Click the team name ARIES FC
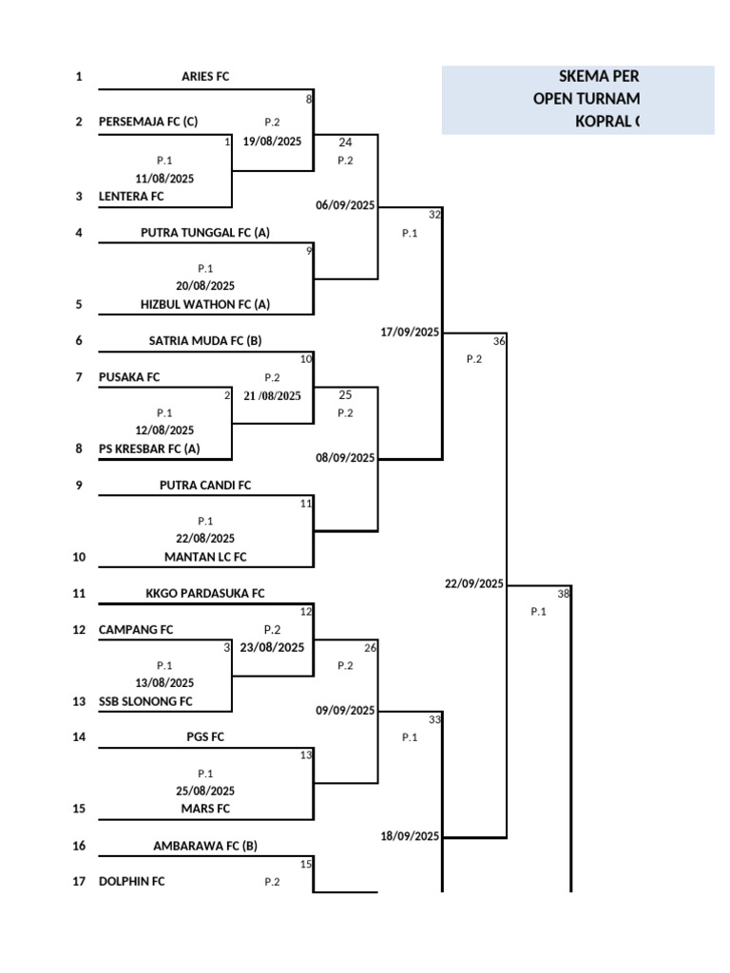[x=205, y=77]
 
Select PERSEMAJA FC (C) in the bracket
[x=148, y=122]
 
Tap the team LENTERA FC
[x=131, y=197]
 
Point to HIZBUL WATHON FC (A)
[x=205, y=305]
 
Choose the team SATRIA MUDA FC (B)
[x=205, y=340]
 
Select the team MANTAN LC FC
[x=205, y=557]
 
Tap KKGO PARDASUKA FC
[x=205, y=594]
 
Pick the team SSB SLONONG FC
[x=145, y=701]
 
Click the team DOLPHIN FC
[x=131, y=882]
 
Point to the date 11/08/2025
[x=164, y=178]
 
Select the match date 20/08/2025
[x=205, y=286]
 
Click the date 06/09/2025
[x=346, y=205]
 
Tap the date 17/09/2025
[x=411, y=332]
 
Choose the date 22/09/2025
[x=474, y=583]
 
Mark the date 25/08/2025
[x=205, y=791]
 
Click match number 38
[x=563, y=594]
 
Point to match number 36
[x=499, y=341]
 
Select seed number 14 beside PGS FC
[x=79, y=737]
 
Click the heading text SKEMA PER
[x=598, y=77]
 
